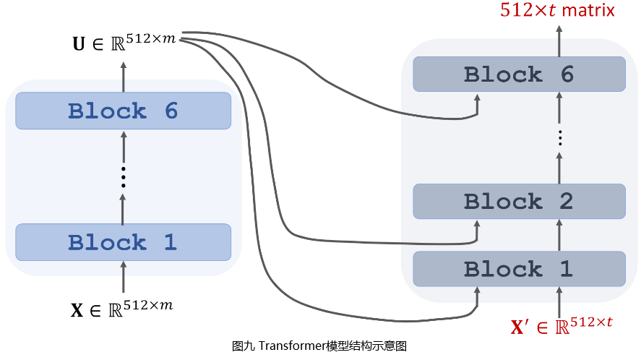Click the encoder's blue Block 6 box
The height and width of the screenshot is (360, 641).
pyautogui.click(x=123, y=111)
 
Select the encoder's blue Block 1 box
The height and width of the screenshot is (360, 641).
pyautogui.click(x=123, y=242)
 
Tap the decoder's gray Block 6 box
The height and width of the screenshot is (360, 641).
pyautogui.click(x=519, y=74)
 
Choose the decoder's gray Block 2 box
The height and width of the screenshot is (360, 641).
pyautogui.click(x=519, y=201)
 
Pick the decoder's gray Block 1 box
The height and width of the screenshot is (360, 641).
pyautogui.click(x=519, y=270)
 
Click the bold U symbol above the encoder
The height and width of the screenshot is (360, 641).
pyautogui.click(x=78, y=44)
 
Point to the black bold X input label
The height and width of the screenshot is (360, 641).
pyautogui.click(x=77, y=311)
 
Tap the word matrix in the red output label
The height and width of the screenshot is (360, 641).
pyautogui.click(x=588, y=10)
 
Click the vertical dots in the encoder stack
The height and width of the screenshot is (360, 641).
pyautogui.click(x=124, y=176)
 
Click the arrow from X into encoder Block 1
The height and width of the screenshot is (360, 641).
pyautogui.click(x=124, y=278)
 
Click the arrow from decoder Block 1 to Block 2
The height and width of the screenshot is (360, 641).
pyautogui.click(x=559, y=235)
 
